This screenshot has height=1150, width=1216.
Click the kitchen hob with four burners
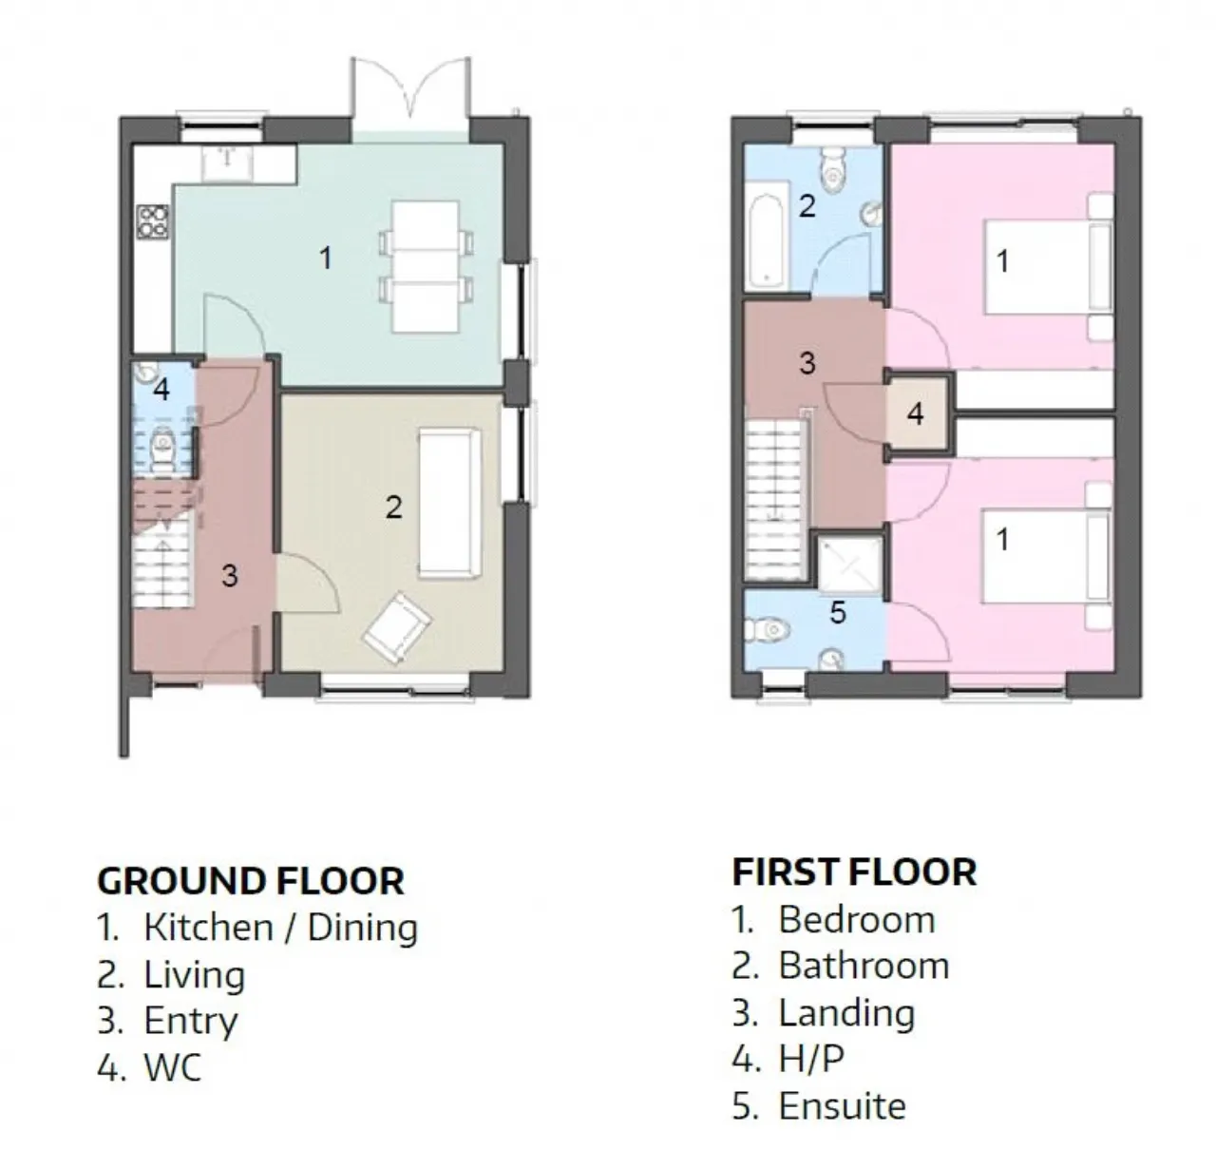point(153,221)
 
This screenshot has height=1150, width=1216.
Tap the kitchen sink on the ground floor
point(227,163)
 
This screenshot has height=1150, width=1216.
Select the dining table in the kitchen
point(427,267)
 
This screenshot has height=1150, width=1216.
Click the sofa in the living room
point(450,504)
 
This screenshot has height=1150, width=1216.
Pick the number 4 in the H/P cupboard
point(916,413)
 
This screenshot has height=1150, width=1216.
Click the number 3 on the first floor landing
point(807,363)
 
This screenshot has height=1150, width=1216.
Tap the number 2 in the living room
point(394,508)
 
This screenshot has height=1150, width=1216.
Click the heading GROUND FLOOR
point(251,881)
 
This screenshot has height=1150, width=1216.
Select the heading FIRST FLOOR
point(854,872)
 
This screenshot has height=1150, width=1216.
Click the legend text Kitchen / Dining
point(281,929)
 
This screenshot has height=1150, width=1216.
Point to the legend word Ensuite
point(842,1106)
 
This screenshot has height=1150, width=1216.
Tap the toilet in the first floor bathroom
point(832,168)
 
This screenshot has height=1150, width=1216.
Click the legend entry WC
point(173,1067)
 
